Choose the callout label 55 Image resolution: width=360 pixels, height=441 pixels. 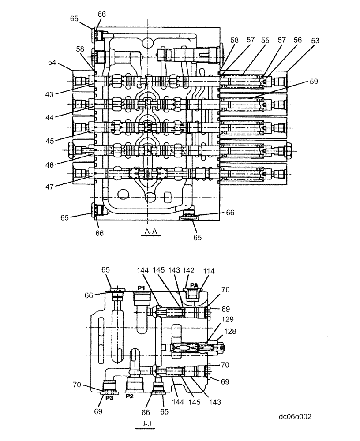click(x=265, y=40)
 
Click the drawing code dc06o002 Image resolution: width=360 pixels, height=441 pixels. click(x=295, y=416)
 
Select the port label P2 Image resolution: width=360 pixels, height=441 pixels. click(x=130, y=396)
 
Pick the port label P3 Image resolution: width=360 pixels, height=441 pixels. click(x=109, y=397)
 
